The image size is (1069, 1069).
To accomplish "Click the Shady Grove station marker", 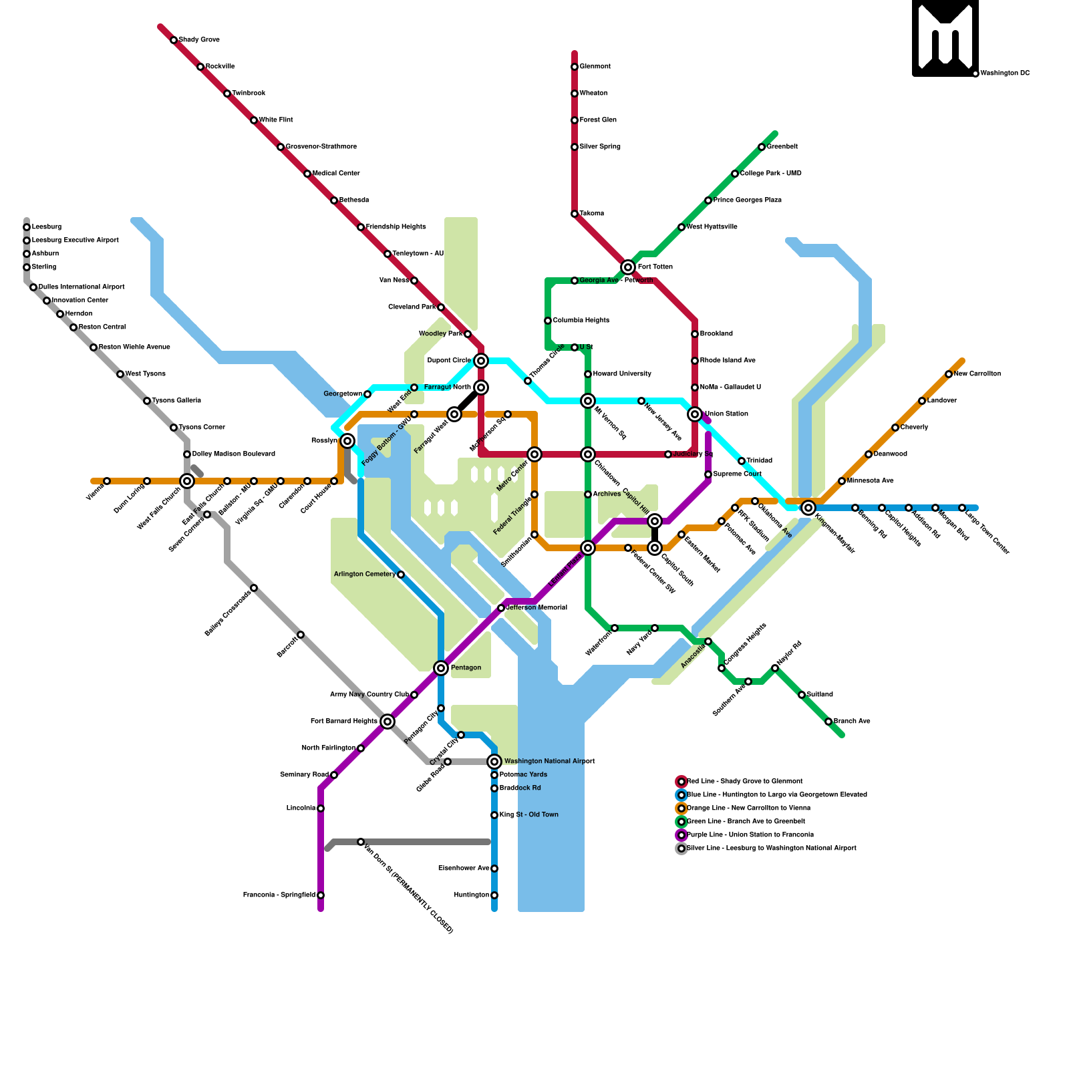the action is pos(174,40).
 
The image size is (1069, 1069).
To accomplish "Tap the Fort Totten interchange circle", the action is pos(628,267).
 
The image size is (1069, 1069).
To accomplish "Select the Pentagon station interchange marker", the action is pos(441,668).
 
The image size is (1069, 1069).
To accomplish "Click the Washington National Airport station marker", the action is pos(494,762).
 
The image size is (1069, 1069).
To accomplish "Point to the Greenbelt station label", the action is pos(782,147).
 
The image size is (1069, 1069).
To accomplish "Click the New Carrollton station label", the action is pos(977,374).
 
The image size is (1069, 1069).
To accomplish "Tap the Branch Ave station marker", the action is pos(828,722).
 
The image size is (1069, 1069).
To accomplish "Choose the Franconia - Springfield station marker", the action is pos(321,895).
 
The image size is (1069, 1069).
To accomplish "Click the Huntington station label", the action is pos(472,895).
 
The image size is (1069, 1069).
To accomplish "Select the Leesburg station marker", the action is pos(27,227).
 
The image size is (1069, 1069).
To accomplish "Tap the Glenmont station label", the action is pos(595,67).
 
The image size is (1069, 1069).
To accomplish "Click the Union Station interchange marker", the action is pos(695,414).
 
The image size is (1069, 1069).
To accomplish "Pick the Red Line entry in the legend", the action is pos(744,782).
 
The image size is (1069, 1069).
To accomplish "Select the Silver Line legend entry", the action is pos(771,849).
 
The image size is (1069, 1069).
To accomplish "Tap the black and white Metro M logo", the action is pos(945,38).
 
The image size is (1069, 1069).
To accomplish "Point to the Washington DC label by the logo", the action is pos(1005,73).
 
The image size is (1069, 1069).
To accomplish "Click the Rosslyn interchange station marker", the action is pos(347,441).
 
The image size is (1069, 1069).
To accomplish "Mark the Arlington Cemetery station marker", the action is pos(401,575).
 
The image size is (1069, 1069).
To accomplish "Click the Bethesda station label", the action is pos(353,200).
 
